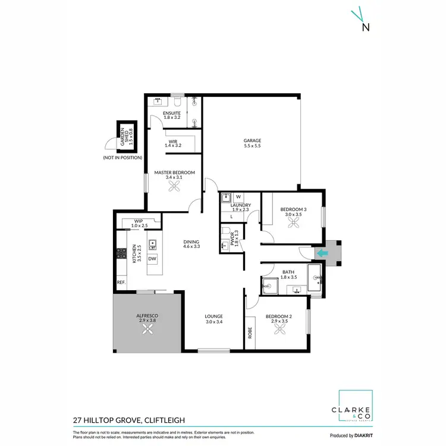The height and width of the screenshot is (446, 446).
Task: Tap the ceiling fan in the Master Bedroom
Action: (175, 187)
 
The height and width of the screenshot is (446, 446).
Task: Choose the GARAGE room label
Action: (252, 143)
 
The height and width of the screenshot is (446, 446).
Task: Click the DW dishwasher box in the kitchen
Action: (152, 259)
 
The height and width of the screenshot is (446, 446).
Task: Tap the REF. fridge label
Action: (121, 282)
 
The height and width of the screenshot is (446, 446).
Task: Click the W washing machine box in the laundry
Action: (238, 197)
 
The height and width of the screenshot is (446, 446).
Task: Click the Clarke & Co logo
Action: (356, 410)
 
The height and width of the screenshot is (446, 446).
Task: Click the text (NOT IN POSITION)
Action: (122, 158)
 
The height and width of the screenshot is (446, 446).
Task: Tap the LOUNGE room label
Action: (214, 318)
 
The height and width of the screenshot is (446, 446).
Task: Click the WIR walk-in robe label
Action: (172, 143)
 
